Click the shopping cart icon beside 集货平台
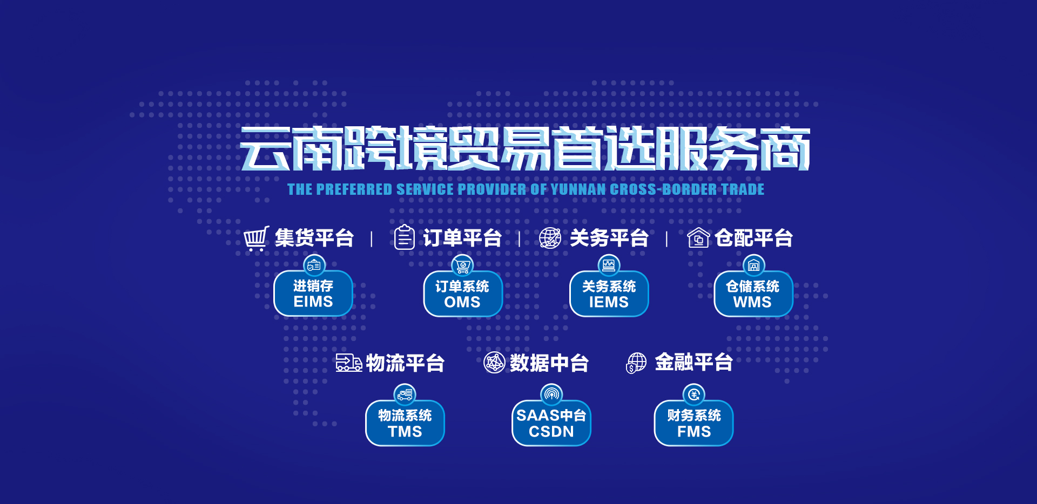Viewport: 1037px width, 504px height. pos(256,239)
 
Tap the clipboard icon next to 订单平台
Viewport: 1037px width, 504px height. pos(404,237)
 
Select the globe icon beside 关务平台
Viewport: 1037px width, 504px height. pos(550,238)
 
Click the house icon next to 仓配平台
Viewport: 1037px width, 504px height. pos(698,237)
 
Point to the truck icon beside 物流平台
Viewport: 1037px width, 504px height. pos(349,363)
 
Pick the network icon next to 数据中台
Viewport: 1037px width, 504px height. pos(494,363)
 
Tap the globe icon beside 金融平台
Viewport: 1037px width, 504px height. pos(636,363)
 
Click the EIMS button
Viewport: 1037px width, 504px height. pos(313,293)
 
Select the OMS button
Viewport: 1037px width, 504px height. pos(463,294)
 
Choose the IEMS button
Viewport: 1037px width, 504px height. pos(609,294)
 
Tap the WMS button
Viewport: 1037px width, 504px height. pos(753,294)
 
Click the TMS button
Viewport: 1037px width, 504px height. pos(405,423)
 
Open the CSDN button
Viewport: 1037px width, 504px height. pos(551,423)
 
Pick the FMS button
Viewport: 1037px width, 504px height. pos(694,423)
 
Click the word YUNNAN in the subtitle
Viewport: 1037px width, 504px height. pos(578,189)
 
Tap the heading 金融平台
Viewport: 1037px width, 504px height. pos(694,362)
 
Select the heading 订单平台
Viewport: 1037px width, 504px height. pos(462,238)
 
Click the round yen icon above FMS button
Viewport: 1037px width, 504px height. pos(694,394)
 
